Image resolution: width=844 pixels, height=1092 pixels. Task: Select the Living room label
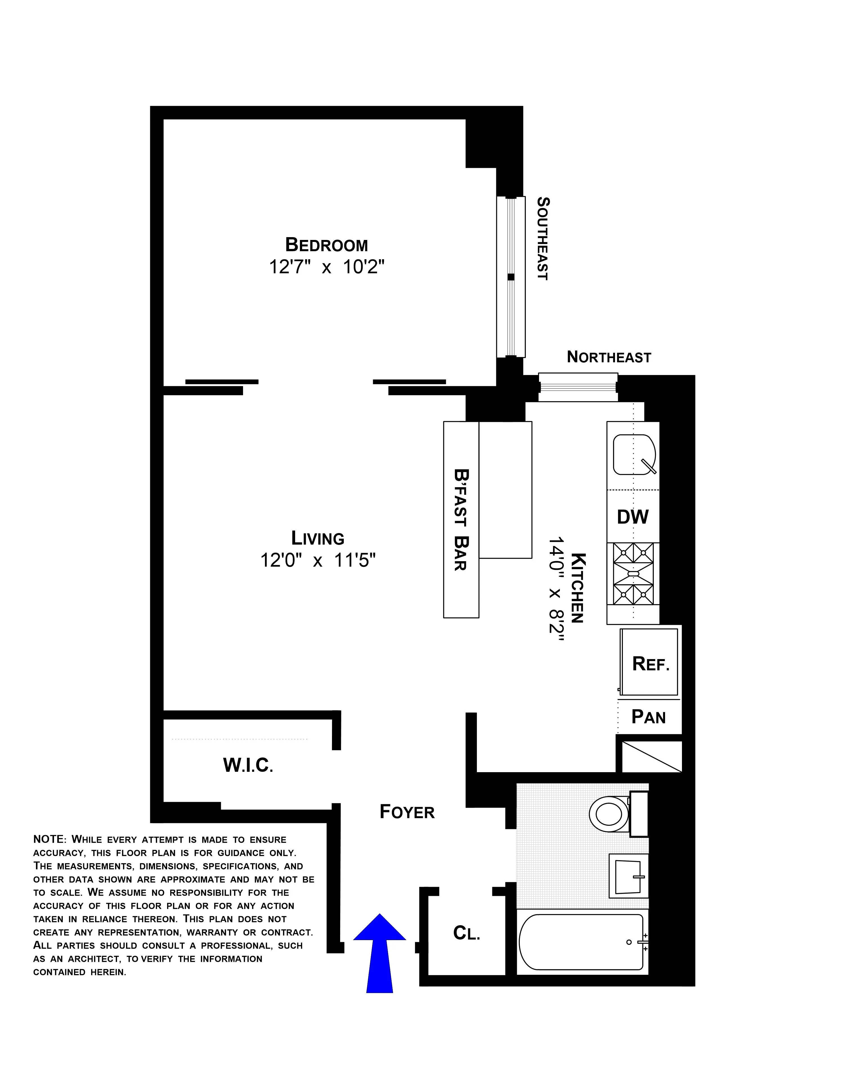click(318, 538)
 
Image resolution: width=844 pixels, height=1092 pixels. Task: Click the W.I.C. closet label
click(248, 765)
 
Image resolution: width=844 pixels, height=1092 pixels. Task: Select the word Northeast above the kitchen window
click(609, 357)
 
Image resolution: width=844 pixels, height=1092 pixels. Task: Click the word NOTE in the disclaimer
click(49, 839)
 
